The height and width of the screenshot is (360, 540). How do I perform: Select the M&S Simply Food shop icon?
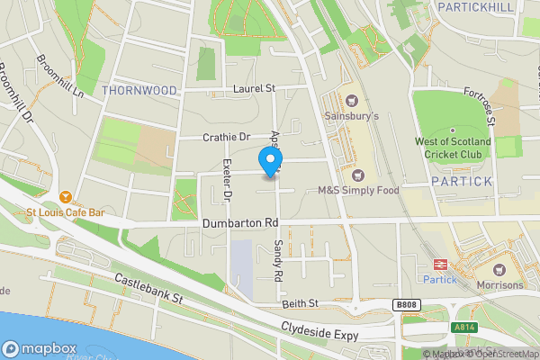358,175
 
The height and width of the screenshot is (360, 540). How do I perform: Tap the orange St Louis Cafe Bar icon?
66,197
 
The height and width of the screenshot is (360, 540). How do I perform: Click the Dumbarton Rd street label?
238,222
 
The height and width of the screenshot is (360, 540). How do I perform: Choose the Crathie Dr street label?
226,137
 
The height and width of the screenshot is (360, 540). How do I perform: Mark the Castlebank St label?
148,289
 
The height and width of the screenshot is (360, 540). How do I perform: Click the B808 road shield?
406,306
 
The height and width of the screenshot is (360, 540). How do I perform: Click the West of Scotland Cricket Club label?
453,148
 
